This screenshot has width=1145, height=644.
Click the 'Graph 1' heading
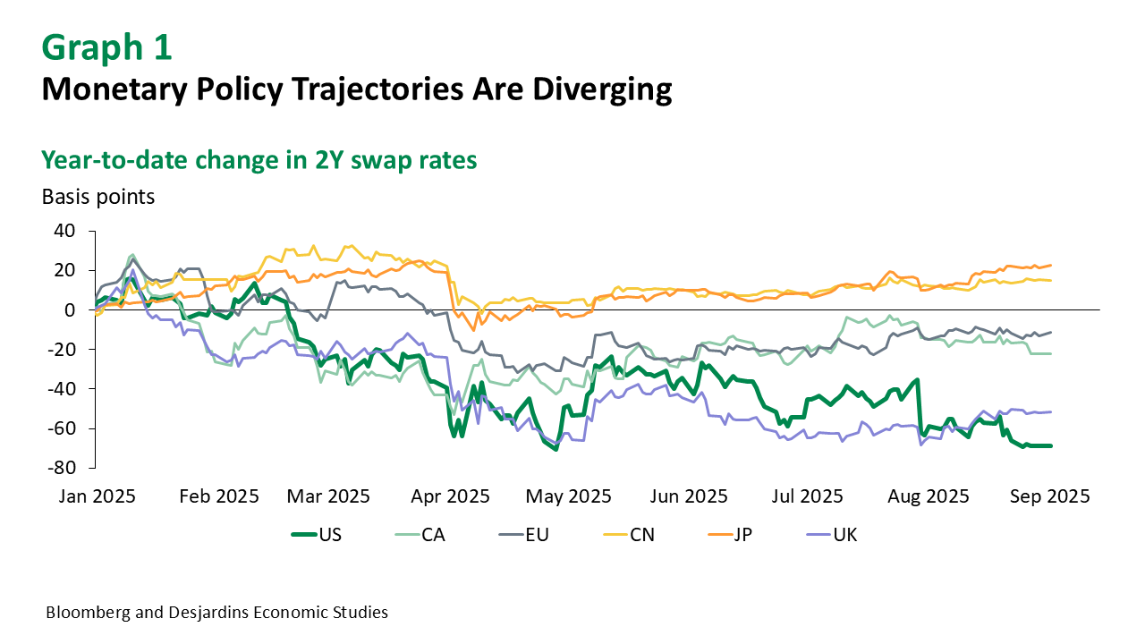click(x=106, y=47)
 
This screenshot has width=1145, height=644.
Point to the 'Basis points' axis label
click(x=98, y=197)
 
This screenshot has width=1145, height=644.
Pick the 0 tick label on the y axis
click(x=70, y=309)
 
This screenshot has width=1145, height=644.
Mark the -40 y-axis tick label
click(x=62, y=388)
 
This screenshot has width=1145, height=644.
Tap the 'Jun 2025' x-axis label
click(x=690, y=496)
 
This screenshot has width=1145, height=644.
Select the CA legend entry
click(x=420, y=535)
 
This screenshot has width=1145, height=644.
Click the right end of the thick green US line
click(x=1051, y=445)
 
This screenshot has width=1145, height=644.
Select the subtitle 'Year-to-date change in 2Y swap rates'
click(x=259, y=159)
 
